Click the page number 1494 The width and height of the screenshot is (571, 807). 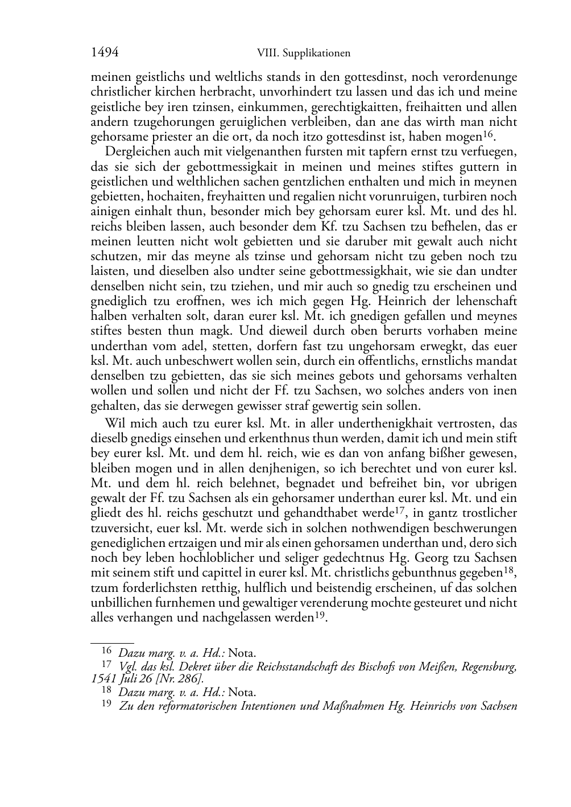(x=104, y=52)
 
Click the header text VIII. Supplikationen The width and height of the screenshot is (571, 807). (x=303, y=53)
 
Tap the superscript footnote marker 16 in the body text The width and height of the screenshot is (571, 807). (x=487, y=134)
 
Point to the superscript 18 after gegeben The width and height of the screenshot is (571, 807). (x=510, y=570)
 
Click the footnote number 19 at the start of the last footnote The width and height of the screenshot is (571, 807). (x=106, y=705)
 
